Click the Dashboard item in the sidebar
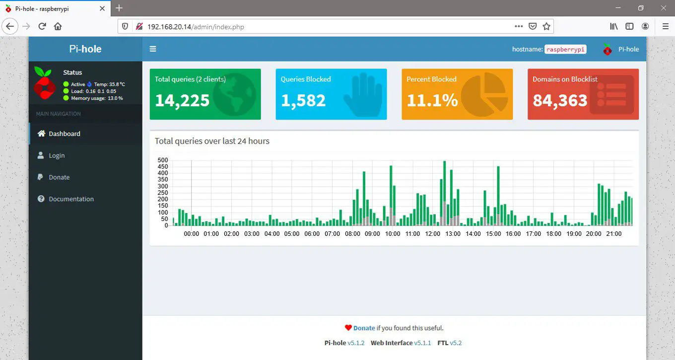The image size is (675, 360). (x=64, y=134)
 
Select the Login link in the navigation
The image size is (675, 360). (x=57, y=155)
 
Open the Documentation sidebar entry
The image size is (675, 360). (x=71, y=199)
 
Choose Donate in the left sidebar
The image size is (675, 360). (x=59, y=177)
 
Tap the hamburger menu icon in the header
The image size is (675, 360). (x=153, y=49)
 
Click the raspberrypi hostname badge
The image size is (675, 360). (x=565, y=49)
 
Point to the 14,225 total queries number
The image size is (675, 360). (x=182, y=100)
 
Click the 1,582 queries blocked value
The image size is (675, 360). (x=303, y=100)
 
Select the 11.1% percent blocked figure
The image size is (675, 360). (x=432, y=100)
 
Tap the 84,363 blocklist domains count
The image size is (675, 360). (x=560, y=100)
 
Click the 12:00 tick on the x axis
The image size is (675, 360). (x=433, y=234)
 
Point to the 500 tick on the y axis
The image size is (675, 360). (x=163, y=160)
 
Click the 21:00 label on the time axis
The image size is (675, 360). (x=613, y=234)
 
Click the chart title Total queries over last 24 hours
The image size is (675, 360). (x=212, y=141)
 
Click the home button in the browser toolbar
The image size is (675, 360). (x=58, y=26)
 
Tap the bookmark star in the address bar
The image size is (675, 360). (x=546, y=26)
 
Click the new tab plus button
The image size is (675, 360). (x=119, y=8)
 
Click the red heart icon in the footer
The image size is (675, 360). (x=348, y=328)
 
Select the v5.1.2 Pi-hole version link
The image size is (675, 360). (x=356, y=343)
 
